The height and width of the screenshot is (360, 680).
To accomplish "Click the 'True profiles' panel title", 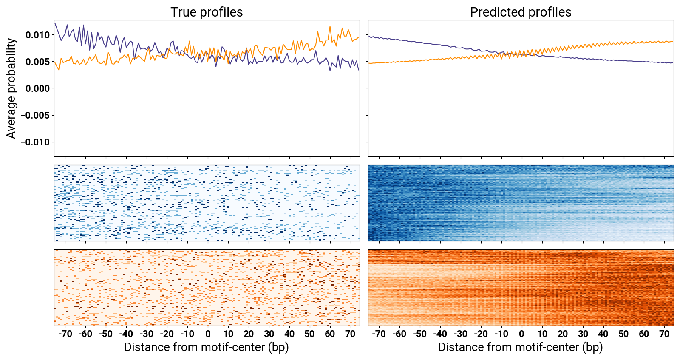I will [207, 12].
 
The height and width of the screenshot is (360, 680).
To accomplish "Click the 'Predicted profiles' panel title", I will [521, 12].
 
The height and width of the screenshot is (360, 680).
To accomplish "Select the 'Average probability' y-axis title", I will [11, 88].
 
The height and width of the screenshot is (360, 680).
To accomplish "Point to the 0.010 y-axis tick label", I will [37, 35].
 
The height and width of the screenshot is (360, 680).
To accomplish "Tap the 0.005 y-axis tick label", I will [37, 62].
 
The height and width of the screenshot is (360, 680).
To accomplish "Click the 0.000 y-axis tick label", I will [37, 88].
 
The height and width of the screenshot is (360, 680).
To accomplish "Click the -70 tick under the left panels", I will [65, 334].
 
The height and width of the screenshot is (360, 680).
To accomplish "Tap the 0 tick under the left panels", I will [208, 334].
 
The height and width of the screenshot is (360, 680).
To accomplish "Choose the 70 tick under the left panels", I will [350, 334].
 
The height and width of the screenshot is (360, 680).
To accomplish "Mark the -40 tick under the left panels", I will [126, 334].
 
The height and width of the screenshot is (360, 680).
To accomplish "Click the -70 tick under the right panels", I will [379, 334].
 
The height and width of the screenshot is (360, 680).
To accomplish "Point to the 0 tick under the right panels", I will [521, 334].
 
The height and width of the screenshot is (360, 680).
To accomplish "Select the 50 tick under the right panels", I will [623, 334].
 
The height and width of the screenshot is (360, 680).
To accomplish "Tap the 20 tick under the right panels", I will [562, 334].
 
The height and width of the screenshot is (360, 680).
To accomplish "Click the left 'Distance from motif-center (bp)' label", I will [207, 347].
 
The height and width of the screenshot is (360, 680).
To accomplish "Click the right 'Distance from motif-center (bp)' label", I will [521, 347].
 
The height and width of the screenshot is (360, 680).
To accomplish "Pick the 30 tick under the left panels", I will [269, 334].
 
